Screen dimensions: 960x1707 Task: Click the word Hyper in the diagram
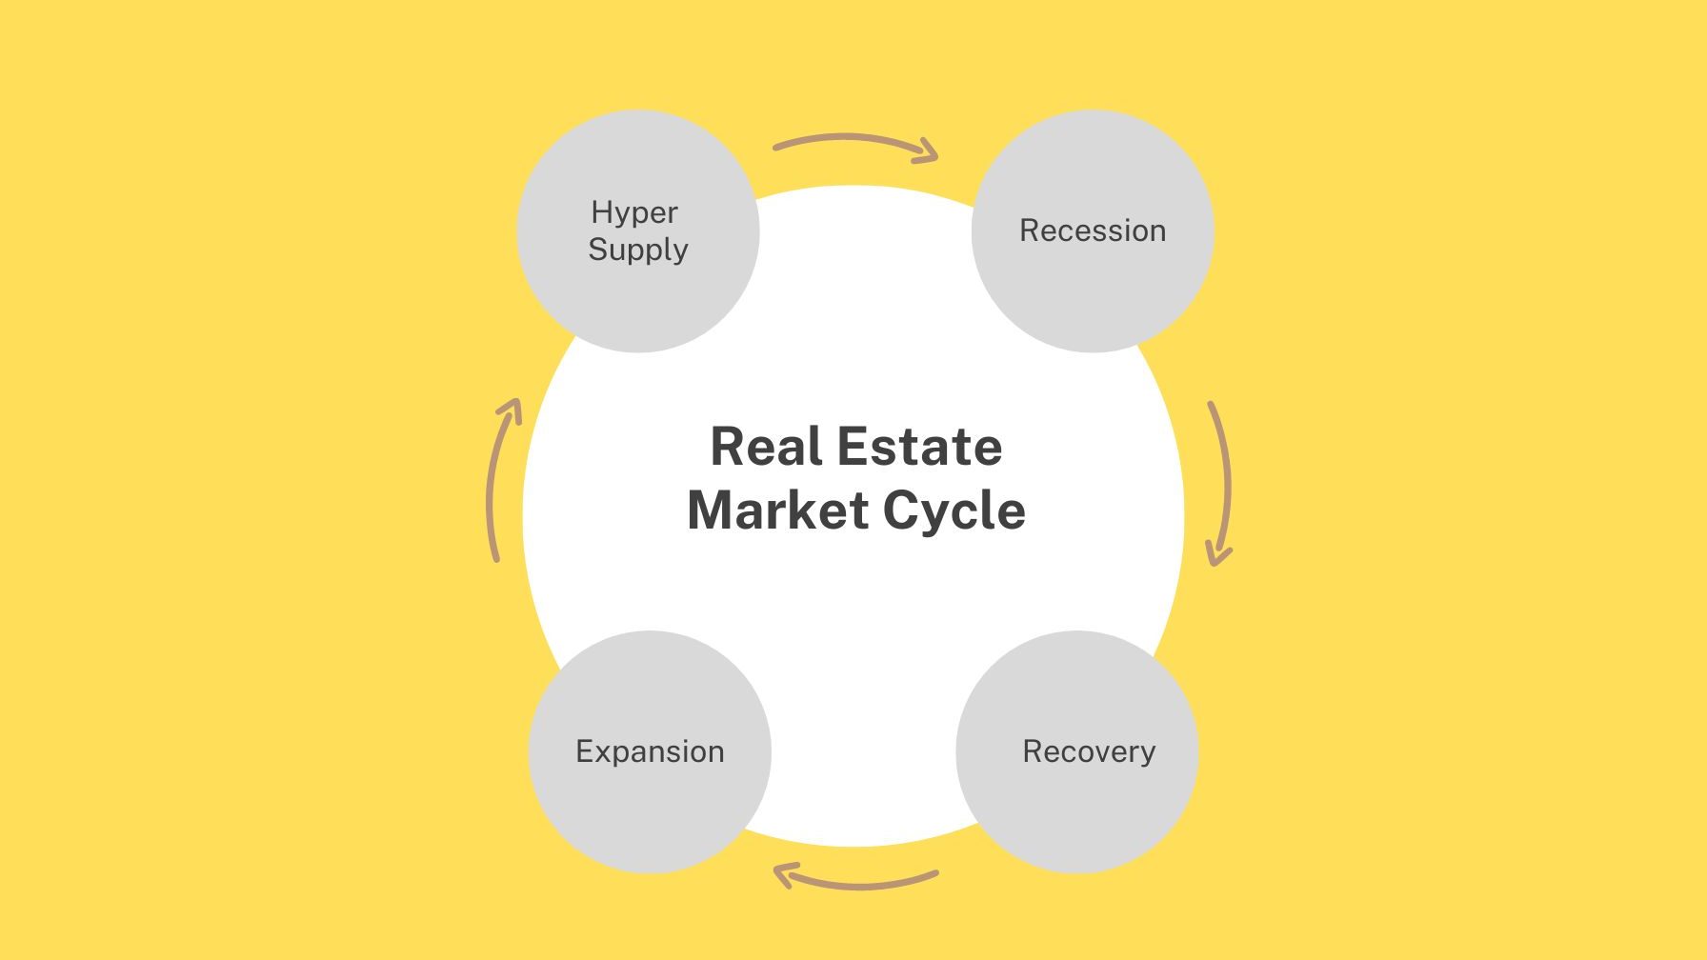pos(634,213)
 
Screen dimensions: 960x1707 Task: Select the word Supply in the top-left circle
pos(638,250)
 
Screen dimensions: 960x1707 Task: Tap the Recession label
pos(1093,230)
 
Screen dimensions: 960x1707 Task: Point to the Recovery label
pos(1089,751)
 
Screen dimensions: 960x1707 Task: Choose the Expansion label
pos(650,751)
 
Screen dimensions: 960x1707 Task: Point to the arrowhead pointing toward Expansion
pos(783,873)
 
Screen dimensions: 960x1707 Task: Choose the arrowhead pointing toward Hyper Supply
pos(512,410)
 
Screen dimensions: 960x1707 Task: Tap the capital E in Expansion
pos(584,751)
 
